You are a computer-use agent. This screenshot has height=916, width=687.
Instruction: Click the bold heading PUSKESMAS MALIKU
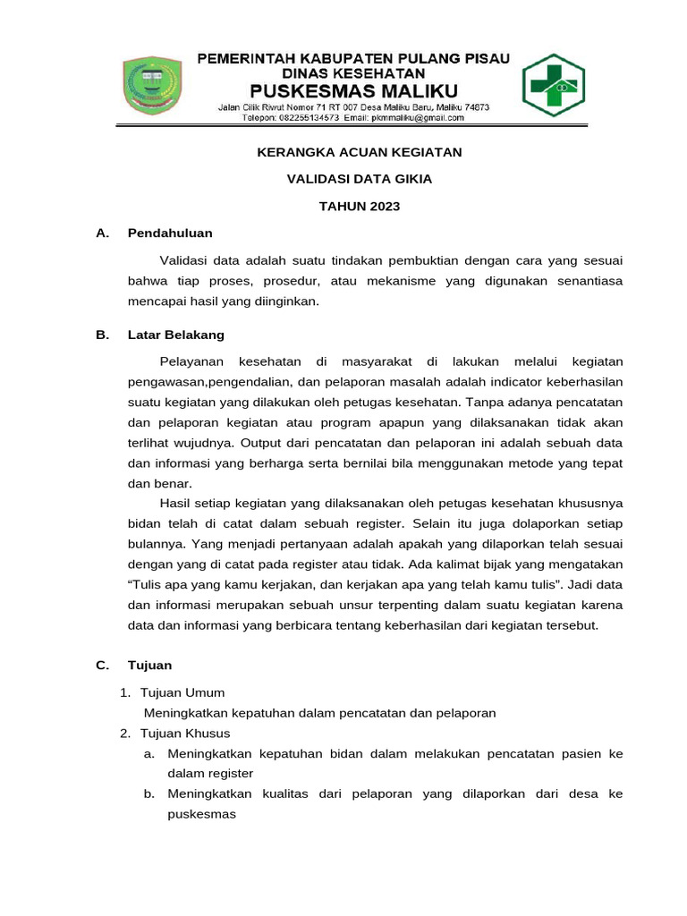pyautogui.click(x=353, y=90)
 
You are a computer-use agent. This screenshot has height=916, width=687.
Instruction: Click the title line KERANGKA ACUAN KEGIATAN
pyautogui.click(x=360, y=152)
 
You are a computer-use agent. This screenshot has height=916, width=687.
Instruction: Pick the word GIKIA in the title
pyautogui.click(x=414, y=179)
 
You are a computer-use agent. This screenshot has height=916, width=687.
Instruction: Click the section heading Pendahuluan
pyautogui.click(x=170, y=233)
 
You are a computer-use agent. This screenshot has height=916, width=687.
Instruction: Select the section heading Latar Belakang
pyautogui.click(x=176, y=335)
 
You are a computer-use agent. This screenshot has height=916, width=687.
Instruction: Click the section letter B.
pyautogui.click(x=102, y=335)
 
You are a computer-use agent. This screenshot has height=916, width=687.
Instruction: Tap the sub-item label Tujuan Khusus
pyautogui.click(x=186, y=734)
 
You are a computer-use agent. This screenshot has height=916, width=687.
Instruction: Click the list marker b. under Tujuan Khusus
pyautogui.click(x=149, y=794)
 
